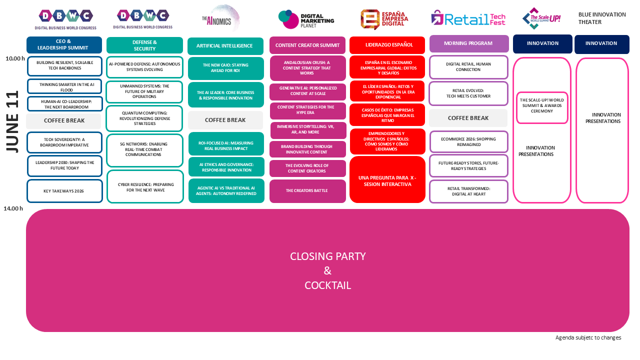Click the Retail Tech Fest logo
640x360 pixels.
point(468,19)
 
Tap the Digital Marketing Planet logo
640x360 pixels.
point(306,19)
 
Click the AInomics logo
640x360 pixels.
point(221,18)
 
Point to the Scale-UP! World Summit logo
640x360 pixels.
point(541,18)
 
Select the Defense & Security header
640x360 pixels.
point(144,45)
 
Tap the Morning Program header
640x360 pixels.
point(468,43)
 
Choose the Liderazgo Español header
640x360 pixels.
point(387,45)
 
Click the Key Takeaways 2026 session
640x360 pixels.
point(64,191)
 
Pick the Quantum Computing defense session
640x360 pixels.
point(144,118)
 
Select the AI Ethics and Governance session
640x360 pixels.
point(226,167)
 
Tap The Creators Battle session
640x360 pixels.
point(307,191)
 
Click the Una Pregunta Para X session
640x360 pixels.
point(387,180)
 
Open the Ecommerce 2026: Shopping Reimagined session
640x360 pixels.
point(468,141)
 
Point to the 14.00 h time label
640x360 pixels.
point(13,208)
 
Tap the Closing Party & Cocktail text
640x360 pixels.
point(327,270)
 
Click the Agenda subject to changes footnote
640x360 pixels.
point(588,338)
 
